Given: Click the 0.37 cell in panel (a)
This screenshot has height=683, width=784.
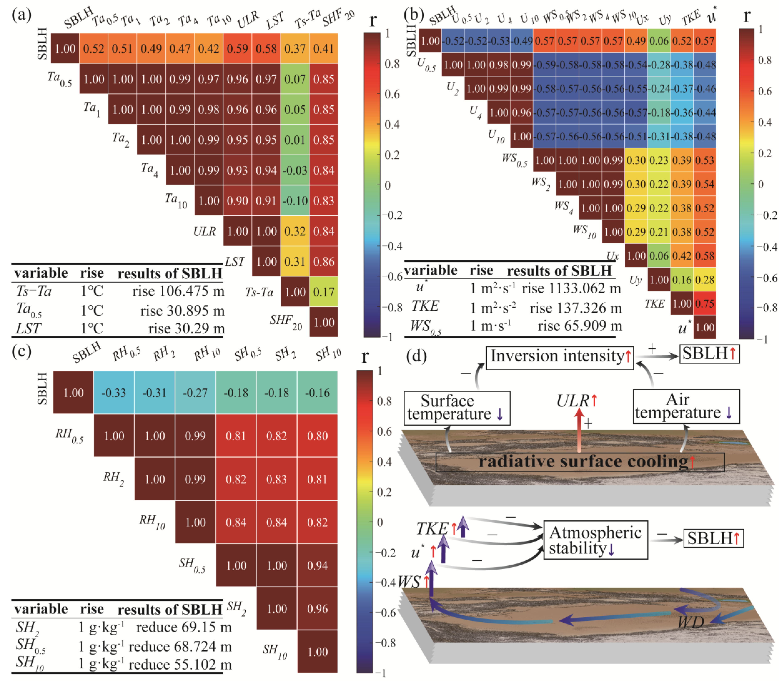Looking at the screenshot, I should pyautogui.click(x=295, y=49).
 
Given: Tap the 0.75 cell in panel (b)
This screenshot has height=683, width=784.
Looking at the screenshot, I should pyautogui.click(x=705, y=304).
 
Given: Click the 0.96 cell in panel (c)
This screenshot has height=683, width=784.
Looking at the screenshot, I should pyautogui.click(x=317, y=609).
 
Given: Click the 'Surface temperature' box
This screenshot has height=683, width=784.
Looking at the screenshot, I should pyautogui.click(x=457, y=408).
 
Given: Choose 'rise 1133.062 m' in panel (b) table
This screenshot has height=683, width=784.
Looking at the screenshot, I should pyautogui.click(x=572, y=289).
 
